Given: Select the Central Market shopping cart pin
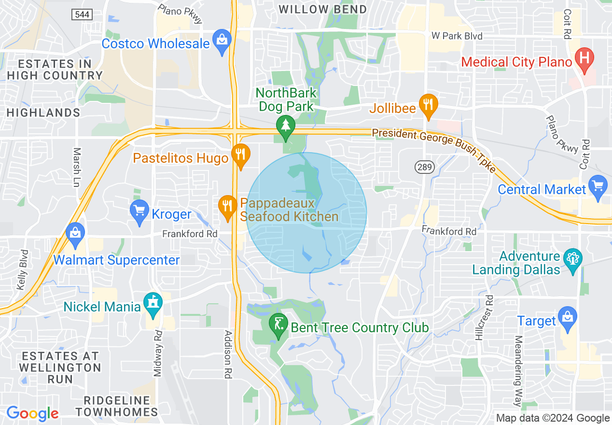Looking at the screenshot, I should point(598,186).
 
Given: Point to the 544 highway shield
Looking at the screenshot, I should point(82,15).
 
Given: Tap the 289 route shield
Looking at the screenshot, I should point(425,167).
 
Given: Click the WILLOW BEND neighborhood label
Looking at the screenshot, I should point(323,9).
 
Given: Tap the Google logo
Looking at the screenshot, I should point(33,413).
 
